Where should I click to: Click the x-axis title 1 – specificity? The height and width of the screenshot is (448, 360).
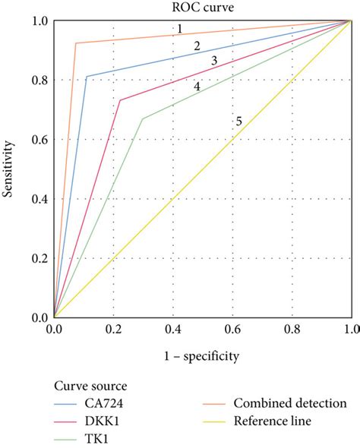pyautogui.click(x=202, y=355)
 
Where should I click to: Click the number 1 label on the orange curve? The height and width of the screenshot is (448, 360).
pyautogui.click(x=178, y=29)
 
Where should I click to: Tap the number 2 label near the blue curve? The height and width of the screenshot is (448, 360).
pyautogui.click(x=197, y=47)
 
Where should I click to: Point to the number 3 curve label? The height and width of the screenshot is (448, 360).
pyautogui.click(x=214, y=61)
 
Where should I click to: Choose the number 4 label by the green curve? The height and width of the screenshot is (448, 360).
pyautogui.click(x=197, y=87)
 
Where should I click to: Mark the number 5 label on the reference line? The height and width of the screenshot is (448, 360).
pyautogui.click(x=238, y=121)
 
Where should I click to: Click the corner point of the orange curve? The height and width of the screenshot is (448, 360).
pyautogui.click(x=76, y=43)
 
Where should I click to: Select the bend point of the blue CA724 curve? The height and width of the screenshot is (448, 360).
pyautogui.click(x=87, y=77)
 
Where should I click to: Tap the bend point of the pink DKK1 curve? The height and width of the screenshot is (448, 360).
pyautogui.click(x=120, y=100)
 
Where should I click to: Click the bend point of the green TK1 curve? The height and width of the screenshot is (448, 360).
pyautogui.click(x=142, y=118)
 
